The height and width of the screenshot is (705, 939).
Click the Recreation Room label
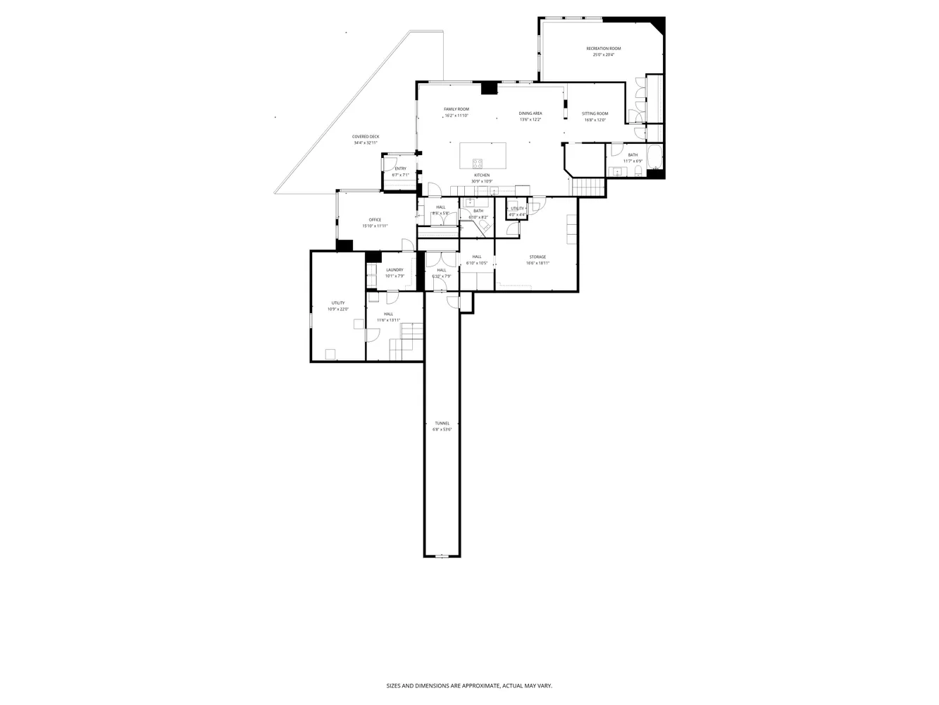tap(604, 49)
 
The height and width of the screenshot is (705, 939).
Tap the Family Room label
tap(456, 109)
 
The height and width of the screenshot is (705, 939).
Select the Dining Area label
tap(530, 114)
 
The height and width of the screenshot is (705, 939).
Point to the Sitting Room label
tap(595, 114)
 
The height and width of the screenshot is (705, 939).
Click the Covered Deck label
tap(366, 137)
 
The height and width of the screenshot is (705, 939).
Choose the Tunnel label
tap(442, 423)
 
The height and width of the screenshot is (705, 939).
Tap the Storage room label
tap(537, 257)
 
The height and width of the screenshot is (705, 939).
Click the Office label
tap(375, 220)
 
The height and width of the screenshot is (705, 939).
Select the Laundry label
tap(394, 270)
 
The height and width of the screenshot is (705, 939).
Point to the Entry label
tap(400, 168)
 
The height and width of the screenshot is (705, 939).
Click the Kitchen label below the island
tap(482, 175)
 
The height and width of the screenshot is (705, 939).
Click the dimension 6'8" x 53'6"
tap(442, 429)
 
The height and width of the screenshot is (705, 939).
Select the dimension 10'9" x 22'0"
tap(338, 309)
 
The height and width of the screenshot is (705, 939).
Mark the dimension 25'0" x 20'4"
tap(604, 55)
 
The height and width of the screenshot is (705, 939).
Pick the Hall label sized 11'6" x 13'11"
tap(388, 314)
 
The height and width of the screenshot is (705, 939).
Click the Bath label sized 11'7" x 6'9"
tap(633, 155)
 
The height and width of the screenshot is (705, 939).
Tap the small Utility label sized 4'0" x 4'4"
tap(518, 209)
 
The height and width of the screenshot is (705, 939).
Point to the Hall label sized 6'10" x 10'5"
tap(477, 257)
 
